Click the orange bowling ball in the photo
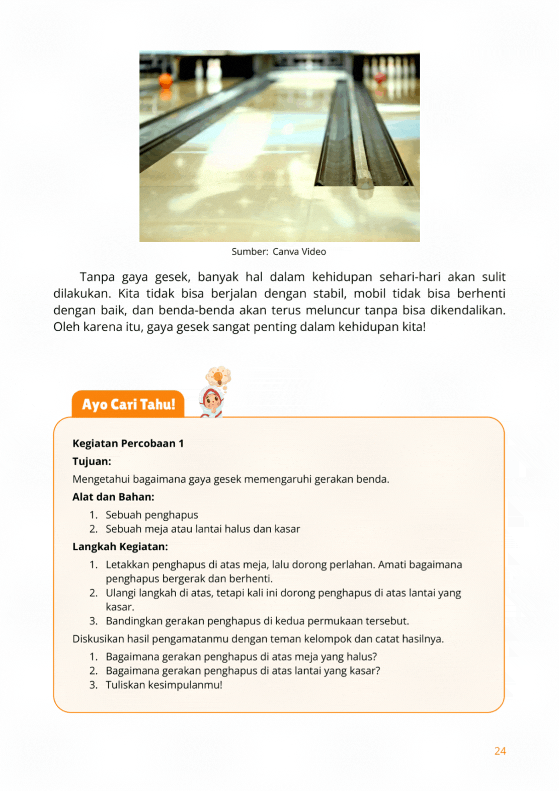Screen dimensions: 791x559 point(166,80)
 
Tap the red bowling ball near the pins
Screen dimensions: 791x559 point(380,78)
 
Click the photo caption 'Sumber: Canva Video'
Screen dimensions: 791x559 point(279,252)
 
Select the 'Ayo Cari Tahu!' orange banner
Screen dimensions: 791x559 point(128,404)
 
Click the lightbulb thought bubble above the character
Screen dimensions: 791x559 point(219,376)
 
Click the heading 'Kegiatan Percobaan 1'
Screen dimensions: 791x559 point(128,444)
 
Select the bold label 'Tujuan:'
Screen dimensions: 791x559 point(92,462)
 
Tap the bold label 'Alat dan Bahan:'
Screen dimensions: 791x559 point(113,497)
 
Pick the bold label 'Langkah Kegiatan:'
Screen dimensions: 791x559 point(120,547)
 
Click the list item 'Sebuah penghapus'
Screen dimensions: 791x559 point(151,515)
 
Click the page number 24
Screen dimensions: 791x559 point(500,751)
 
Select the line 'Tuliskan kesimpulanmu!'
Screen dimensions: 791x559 point(164,685)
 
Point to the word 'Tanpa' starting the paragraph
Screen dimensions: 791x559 point(97,277)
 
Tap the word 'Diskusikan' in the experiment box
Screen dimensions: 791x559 point(98,639)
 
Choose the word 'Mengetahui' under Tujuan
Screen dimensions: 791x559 point(101,479)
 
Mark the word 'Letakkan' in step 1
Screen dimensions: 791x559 point(127,565)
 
